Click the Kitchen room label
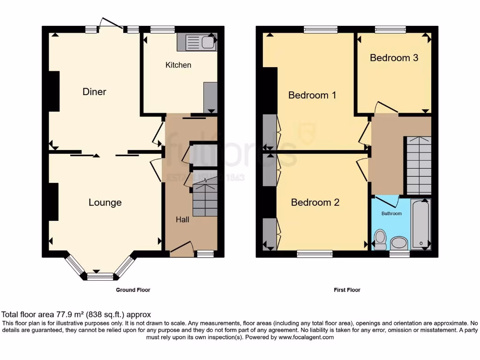click(x=178, y=65)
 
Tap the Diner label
click(x=94, y=92)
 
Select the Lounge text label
click(x=105, y=202)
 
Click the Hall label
click(x=182, y=219)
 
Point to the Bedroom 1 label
click(x=312, y=95)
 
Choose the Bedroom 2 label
click(x=315, y=202)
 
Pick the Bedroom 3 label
click(x=394, y=58)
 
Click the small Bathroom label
click(x=391, y=214)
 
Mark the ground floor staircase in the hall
click(x=205, y=199)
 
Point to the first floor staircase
click(x=418, y=165)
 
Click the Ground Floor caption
click(x=133, y=290)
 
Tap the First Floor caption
click(x=347, y=290)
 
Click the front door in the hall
click(x=182, y=249)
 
